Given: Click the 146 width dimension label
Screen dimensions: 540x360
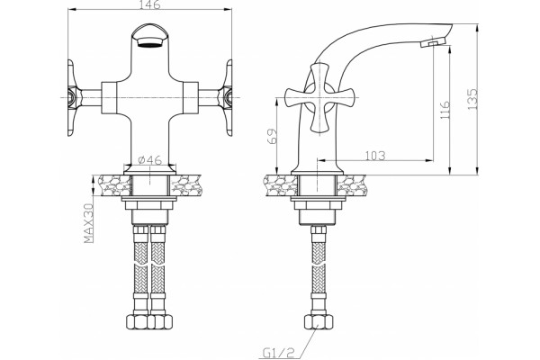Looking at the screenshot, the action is pyautogui.click(x=150, y=4).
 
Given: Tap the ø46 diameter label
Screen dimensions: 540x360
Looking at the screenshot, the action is pyautogui.click(x=149, y=160).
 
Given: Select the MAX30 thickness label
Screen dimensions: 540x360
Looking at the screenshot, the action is pyautogui.click(x=89, y=223).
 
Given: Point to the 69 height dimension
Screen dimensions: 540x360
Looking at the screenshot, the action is pyautogui.click(x=272, y=136).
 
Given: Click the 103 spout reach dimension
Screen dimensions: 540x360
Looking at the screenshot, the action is pyautogui.click(x=375, y=156).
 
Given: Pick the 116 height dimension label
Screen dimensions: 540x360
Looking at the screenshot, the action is pyautogui.click(x=445, y=110).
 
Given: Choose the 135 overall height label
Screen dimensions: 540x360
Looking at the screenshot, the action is pyautogui.click(x=472, y=99).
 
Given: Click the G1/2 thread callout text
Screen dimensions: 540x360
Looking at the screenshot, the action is pyautogui.click(x=279, y=353).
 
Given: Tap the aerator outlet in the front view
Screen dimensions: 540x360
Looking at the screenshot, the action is pyautogui.click(x=149, y=42).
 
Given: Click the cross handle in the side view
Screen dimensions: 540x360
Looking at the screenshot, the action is pyautogui.click(x=319, y=98).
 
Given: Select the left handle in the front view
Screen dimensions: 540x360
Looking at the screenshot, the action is pyautogui.click(x=74, y=98).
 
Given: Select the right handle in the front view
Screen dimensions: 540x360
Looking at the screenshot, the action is pyautogui.click(x=226, y=98).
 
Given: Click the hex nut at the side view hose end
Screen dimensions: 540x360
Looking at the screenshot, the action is pyautogui.click(x=319, y=322).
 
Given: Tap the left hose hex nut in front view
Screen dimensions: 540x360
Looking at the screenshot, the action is pyautogui.click(x=138, y=322).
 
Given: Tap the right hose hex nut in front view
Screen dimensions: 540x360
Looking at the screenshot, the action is pyautogui.click(x=160, y=322).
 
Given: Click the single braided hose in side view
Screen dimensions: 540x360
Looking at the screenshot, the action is pyautogui.click(x=319, y=269).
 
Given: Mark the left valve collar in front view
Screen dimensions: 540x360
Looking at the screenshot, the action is pyautogui.click(x=109, y=98).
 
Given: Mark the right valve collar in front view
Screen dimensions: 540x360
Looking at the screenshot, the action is pyautogui.click(x=191, y=98).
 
